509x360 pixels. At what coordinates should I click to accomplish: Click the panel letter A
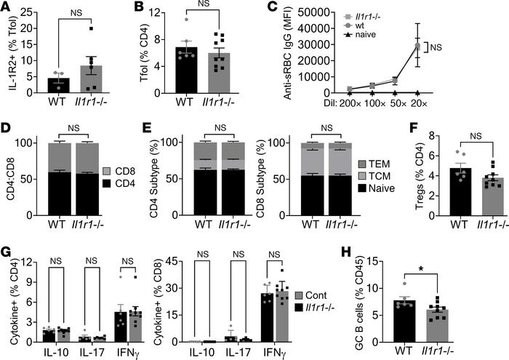(x=7, y=9)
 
